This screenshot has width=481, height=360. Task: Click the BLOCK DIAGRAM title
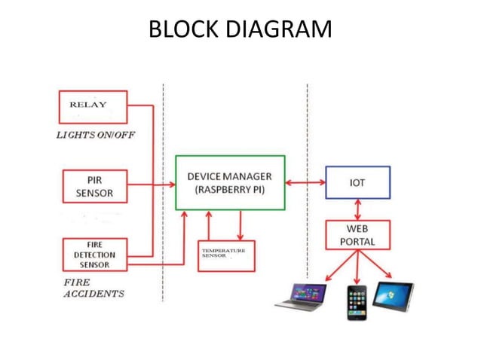240,29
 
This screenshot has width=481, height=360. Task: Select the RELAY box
93,106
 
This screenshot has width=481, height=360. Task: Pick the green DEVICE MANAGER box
230,183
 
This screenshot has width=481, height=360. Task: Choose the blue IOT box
357,182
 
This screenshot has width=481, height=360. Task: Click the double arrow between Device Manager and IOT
305,182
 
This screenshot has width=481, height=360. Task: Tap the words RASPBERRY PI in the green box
230,191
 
